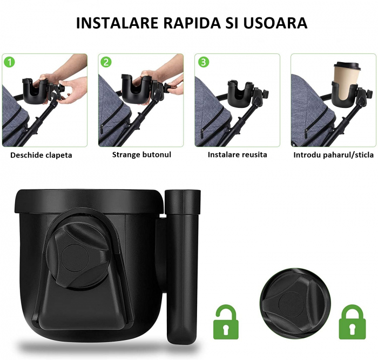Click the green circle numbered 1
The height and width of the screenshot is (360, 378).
9,62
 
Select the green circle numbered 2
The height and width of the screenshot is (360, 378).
106,62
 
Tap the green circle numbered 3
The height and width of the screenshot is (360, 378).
203,62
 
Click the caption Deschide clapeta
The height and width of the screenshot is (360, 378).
41,155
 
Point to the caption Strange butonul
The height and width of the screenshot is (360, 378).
141,155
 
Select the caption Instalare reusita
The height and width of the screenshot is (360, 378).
237,155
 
